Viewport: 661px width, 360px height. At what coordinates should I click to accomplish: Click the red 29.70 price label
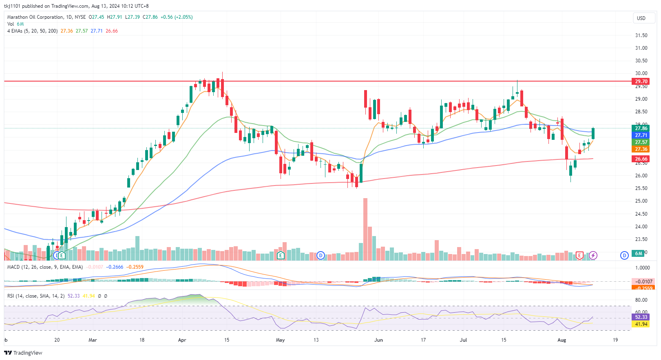641,81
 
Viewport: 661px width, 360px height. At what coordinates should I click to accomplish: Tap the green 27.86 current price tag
641,128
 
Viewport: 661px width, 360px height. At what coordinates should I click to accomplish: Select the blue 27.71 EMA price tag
641,135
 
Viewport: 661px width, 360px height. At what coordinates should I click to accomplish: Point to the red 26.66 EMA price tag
641,159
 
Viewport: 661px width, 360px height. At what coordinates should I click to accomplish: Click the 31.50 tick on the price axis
641,35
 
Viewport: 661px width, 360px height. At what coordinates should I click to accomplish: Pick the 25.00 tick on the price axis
641,201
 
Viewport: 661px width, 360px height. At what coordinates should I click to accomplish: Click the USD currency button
641,18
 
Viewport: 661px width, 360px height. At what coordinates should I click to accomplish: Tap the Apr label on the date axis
182,340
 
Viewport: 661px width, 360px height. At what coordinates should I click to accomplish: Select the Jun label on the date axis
378,340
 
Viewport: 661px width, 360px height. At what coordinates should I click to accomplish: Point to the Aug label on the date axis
562,340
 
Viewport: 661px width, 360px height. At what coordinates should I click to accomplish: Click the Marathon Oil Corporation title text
35,17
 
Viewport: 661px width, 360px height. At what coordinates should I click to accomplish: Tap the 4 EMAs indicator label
32,31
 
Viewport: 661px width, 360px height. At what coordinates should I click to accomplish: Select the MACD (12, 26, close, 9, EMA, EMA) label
45,267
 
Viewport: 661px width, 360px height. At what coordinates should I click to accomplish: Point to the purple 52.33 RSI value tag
641,317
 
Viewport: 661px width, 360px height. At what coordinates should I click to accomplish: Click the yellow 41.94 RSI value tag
641,324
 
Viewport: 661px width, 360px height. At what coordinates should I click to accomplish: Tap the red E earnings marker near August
579,255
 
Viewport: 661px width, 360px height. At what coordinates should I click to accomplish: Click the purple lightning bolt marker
593,255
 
